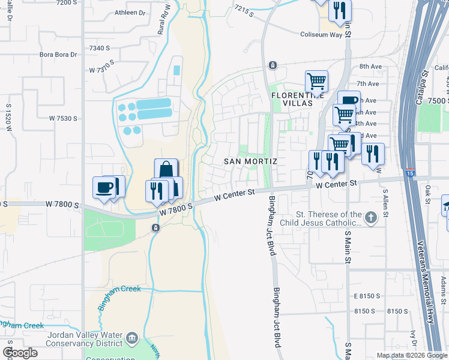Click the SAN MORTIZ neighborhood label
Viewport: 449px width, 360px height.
click(x=250, y=161)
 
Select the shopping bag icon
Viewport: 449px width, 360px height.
click(x=166, y=170)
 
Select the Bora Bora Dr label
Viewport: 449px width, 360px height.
click(x=58, y=55)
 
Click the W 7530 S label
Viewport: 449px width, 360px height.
click(x=64, y=118)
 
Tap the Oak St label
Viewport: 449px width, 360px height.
click(x=427, y=195)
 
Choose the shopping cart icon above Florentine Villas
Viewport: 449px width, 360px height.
click(x=316, y=80)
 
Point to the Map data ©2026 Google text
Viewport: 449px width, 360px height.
click(x=412, y=355)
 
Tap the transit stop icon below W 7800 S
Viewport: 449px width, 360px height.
click(x=155, y=227)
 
